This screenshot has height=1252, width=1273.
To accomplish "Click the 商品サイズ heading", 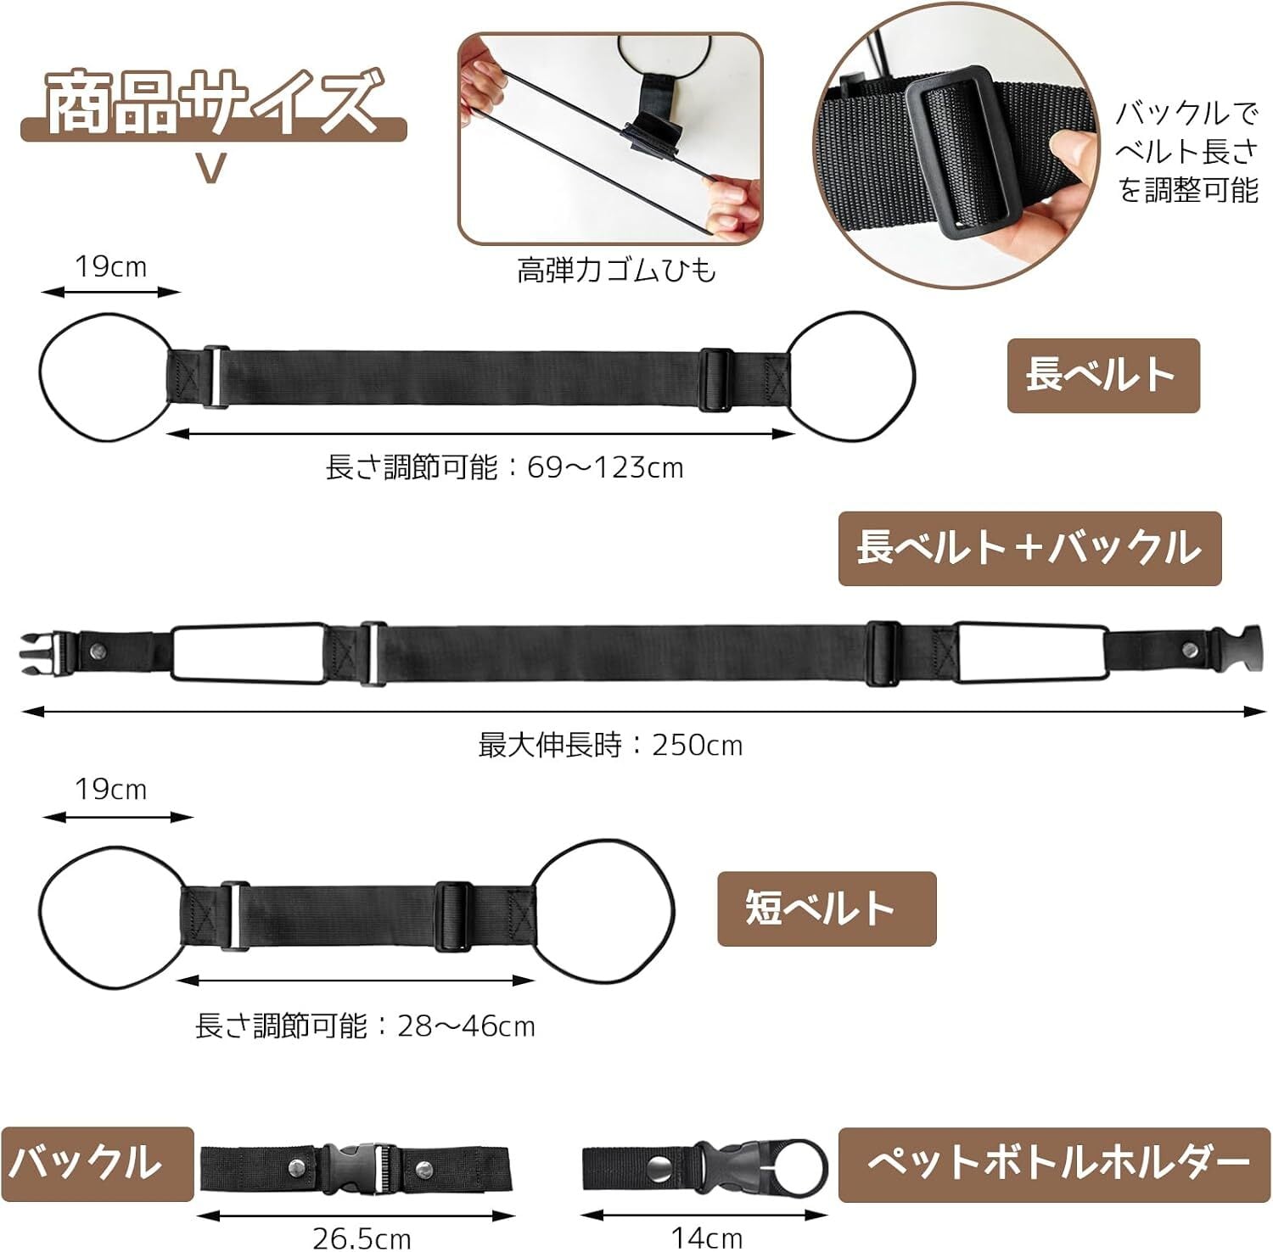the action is pyautogui.click(x=212, y=103).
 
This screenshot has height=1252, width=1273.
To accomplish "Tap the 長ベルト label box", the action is pyautogui.click(x=1103, y=376).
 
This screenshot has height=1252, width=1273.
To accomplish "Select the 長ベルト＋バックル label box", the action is pyautogui.click(x=1029, y=548).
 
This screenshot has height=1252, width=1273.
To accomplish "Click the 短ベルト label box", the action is pyautogui.click(x=827, y=908).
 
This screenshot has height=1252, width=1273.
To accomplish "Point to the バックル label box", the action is pyautogui.click(x=98, y=1163).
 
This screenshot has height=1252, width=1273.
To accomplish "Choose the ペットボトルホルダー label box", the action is pyautogui.click(x=1054, y=1164).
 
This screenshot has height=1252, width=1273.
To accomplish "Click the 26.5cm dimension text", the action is pyautogui.click(x=362, y=1238).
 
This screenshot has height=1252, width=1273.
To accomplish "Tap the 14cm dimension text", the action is pyautogui.click(x=707, y=1238).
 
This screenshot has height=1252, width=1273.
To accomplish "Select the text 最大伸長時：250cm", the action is pyautogui.click(x=610, y=745).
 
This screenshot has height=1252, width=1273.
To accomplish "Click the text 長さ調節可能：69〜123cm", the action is pyautogui.click(x=504, y=467).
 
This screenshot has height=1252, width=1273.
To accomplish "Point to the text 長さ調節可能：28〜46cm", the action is pyautogui.click(x=365, y=1026).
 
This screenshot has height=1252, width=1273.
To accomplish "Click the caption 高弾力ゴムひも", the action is pyautogui.click(x=617, y=271).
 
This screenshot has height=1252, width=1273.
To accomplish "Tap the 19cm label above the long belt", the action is pyautogui.click(x=110, y=266).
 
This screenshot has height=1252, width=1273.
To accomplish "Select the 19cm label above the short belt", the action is pyautogui.click(x=110, y=790).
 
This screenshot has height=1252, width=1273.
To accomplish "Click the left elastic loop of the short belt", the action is pyautogui.click(x=40, y=916).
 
